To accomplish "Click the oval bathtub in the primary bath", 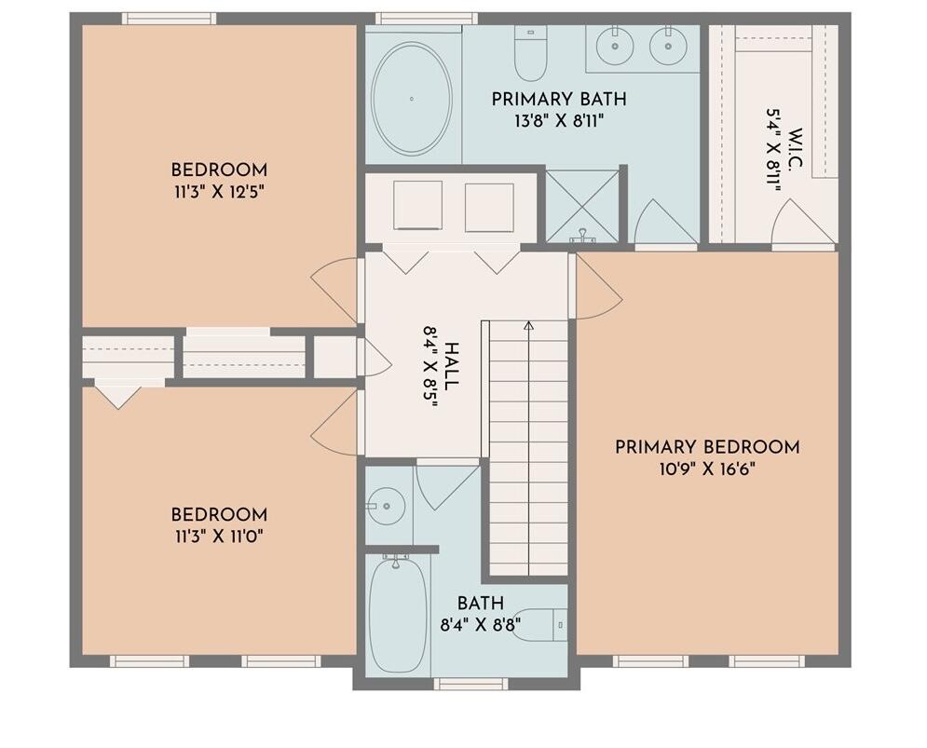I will [411, 99].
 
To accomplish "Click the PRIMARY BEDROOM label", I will [707, 447].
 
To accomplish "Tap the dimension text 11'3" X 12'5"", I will [219, 192].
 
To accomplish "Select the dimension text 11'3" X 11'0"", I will [219, 537].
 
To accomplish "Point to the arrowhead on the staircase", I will [528, 326].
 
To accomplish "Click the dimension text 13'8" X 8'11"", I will [558, 119].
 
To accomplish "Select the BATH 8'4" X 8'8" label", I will [480, 614].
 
